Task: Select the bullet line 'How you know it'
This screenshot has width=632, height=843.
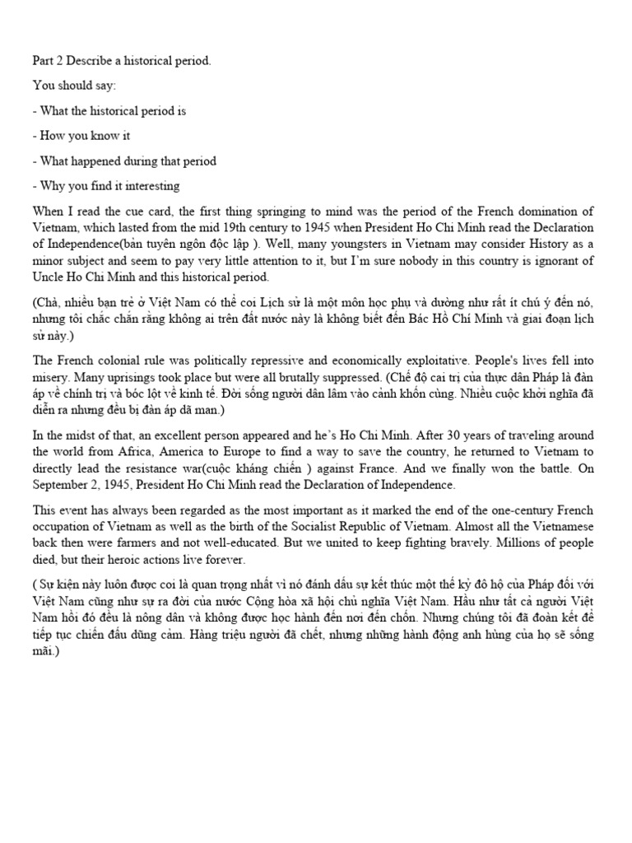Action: pos(81,136)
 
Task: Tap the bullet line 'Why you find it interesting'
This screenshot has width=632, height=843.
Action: pos(106,186)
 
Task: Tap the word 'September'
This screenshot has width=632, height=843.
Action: pos(61,485)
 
